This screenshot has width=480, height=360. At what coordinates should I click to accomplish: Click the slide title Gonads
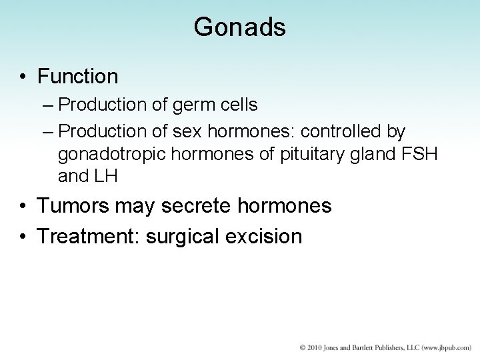coord(239,27)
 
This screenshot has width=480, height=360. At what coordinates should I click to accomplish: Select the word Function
coord(78,77)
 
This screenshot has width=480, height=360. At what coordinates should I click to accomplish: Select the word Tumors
coord(73,206)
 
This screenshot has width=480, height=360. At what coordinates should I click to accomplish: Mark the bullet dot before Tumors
coord(23,207)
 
